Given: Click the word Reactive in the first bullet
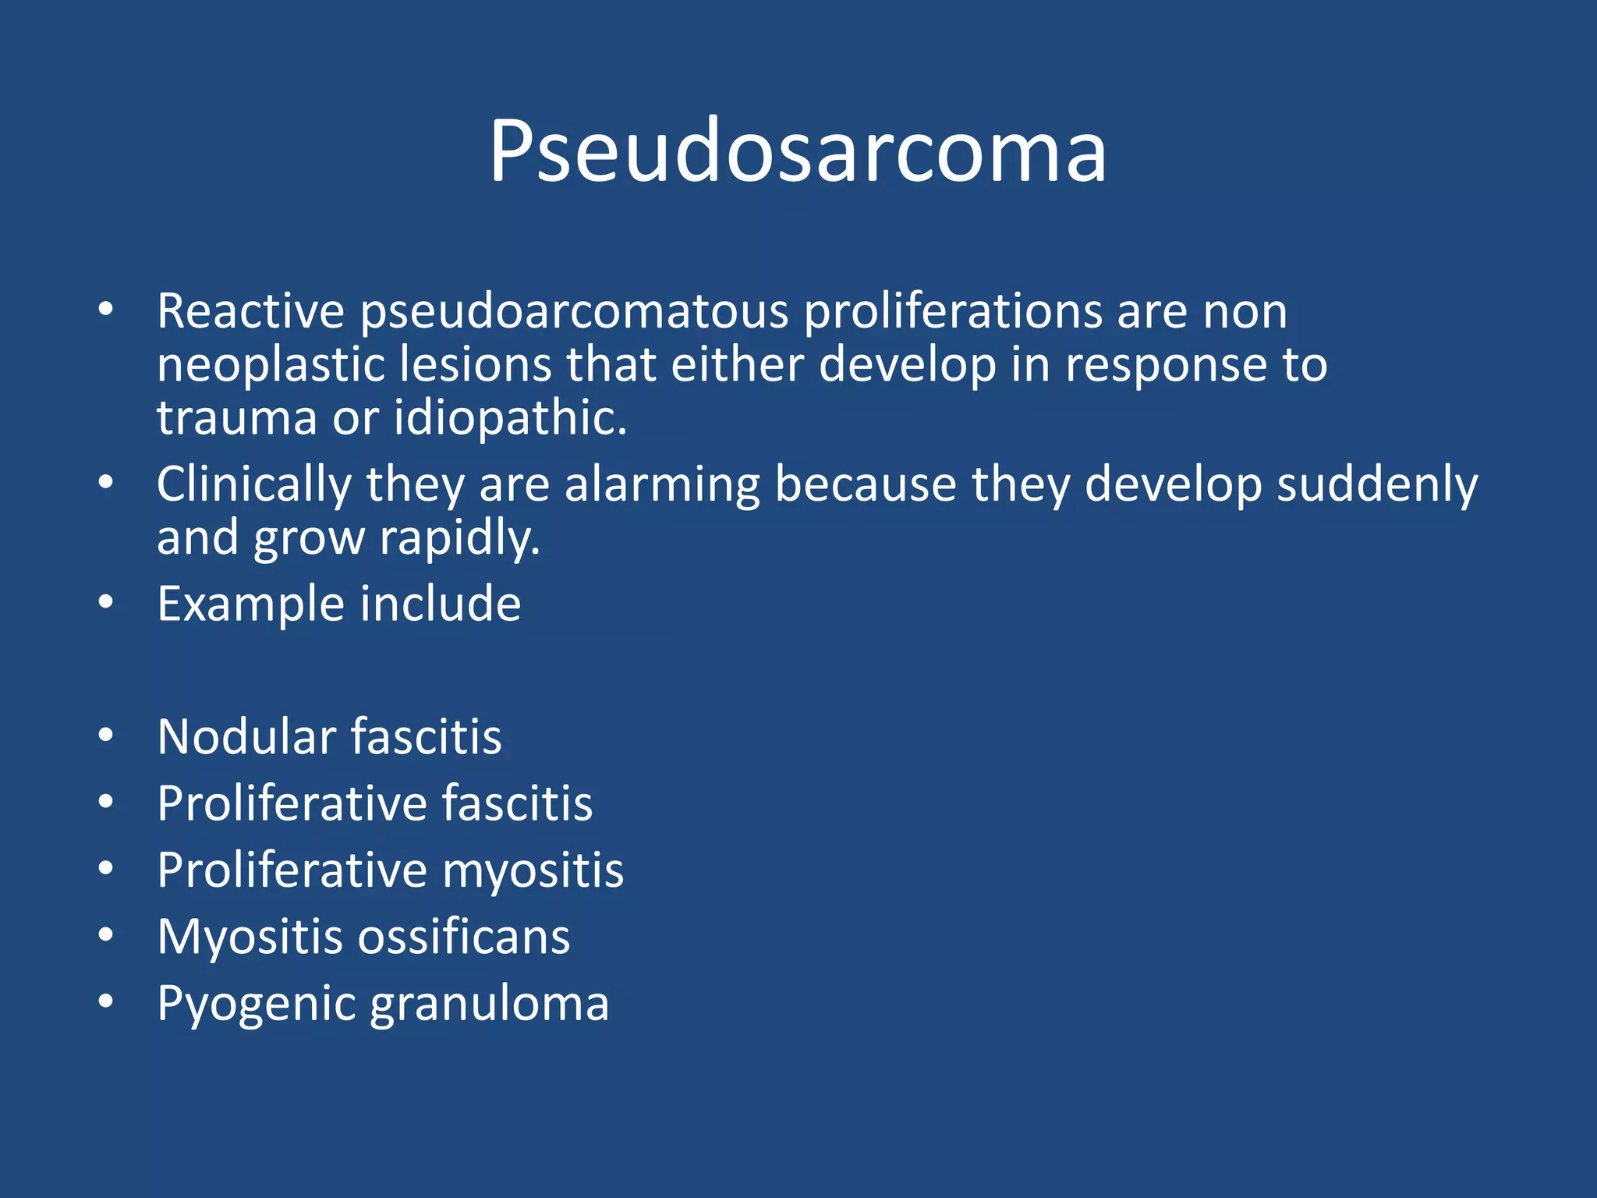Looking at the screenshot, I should (x=250, y=311).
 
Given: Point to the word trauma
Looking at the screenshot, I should (x=236, y=418).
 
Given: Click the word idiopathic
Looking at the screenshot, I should (x=510, y=418).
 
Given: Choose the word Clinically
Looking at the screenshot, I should (x=254, y=484).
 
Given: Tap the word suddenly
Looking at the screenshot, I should (x=1376, y=484).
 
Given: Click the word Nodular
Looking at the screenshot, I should (x=246, y=736).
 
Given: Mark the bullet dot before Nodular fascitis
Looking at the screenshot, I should (x=106, y=735).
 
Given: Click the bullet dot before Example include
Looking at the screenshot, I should (x=106, y=602).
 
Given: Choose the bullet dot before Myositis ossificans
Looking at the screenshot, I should (x=106, y=935).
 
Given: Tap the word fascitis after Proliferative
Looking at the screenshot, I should (x=517, y=803).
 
